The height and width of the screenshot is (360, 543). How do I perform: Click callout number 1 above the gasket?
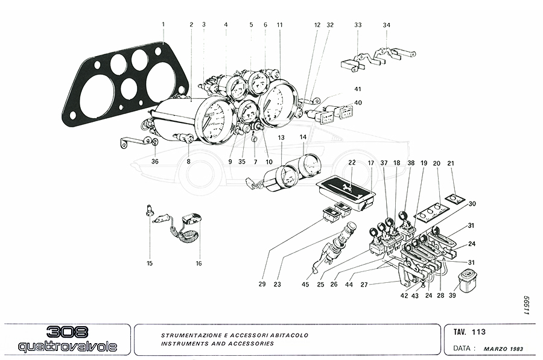(x=163, y=24)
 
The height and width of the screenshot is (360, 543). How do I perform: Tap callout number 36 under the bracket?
(x=155, y=162)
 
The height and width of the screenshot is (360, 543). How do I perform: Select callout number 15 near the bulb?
(x=150, y=263)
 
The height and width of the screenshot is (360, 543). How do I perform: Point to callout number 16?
(x=198, y=264)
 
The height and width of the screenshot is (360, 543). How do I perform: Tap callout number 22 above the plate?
(x=352, y=163)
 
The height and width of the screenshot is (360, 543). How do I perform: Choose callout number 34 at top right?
(x=387, y=25)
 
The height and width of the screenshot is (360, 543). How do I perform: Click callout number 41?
(x=358, y=89)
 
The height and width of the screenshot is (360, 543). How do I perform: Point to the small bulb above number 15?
(x=148, y=211)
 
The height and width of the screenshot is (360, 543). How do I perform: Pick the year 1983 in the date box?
(x=517, y=349)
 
